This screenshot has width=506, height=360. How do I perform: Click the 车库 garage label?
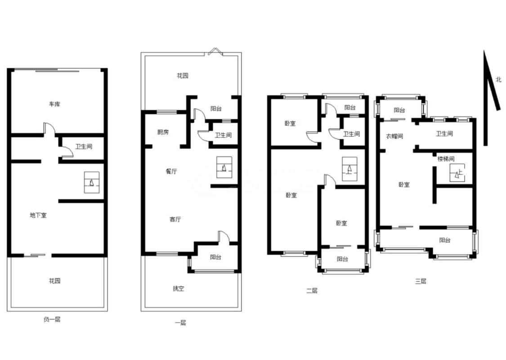(54, 104)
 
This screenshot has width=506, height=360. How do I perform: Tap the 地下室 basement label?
(38, 215)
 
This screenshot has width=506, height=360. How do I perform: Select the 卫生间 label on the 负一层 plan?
(84, 146)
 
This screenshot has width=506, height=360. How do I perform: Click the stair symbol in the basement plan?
(92, 182)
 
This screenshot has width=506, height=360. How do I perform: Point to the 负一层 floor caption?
(52, 319)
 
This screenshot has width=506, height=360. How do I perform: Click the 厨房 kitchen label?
(163, 132)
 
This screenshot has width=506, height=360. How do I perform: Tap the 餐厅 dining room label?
(171, 171)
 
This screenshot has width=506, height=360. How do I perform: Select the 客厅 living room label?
(175, 219)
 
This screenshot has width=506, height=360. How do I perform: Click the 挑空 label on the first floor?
(179, 288)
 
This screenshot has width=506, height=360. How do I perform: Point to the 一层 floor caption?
(180, 322)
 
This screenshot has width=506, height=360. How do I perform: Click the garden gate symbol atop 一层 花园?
(215, 52)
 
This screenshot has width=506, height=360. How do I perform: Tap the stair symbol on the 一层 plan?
(224, 167)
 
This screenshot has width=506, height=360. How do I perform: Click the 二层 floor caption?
(312, 290)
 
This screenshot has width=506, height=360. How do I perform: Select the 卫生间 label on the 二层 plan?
(351, 134)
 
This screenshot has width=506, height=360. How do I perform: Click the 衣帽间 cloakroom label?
(394, 136)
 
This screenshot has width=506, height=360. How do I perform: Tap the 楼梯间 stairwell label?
(446, 158)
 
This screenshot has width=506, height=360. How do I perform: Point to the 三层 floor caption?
(421, 281)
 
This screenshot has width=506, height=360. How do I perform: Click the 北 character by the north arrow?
(498, 79)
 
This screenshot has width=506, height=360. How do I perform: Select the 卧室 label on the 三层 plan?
(404, 184)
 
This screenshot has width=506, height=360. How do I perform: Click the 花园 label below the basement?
(54, 280)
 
